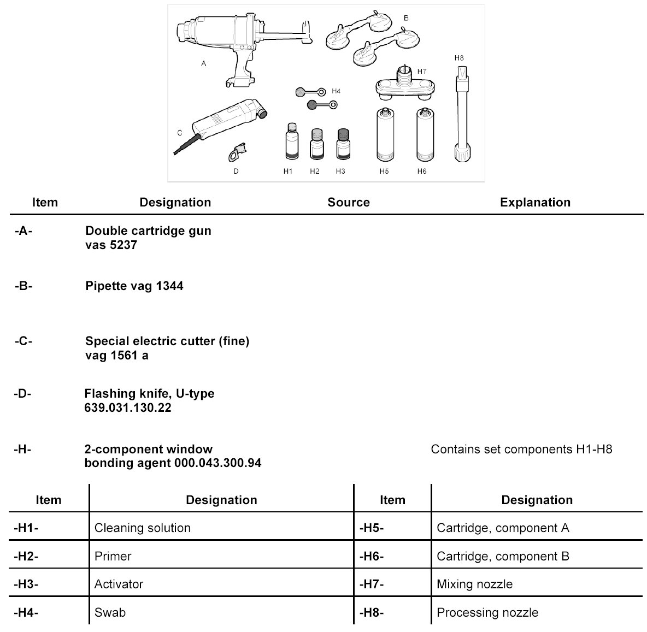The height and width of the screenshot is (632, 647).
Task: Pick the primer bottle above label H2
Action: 315,144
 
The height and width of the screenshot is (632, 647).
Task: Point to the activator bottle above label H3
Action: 342,144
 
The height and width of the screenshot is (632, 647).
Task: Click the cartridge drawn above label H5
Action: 385,135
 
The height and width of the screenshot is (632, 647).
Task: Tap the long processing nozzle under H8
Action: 463,115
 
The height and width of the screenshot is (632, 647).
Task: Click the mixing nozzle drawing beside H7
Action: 404,85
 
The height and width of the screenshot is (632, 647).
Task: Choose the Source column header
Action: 349,202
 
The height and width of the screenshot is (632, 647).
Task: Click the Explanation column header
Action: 535,202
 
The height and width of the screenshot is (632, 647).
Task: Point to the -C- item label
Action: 23,341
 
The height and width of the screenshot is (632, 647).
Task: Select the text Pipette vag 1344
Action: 134,286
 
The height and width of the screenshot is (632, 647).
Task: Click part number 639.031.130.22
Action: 128,408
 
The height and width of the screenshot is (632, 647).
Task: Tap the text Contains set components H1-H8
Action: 521,450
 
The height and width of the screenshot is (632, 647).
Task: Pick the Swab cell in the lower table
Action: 110,612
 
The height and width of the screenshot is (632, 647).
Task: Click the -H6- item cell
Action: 372,556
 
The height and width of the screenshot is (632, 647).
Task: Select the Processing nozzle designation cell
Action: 487,612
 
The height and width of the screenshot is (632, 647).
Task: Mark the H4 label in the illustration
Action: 336,91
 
